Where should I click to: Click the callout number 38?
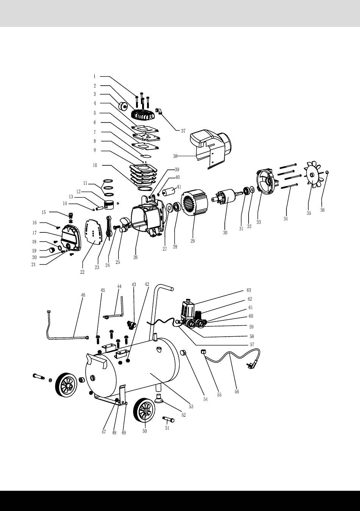pos(175,156)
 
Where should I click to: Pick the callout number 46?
pos(83,295)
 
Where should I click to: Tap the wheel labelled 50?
pos(144,410)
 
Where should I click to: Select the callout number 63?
pos(249,290)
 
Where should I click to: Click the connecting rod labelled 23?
pos(108,227)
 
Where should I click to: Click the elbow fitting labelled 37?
pos(158,111)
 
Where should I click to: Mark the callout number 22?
pos(82,272)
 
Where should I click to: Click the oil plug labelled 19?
pos(52,249)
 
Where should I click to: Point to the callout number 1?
pos(94,77)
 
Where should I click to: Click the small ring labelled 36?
pos(327,172)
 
